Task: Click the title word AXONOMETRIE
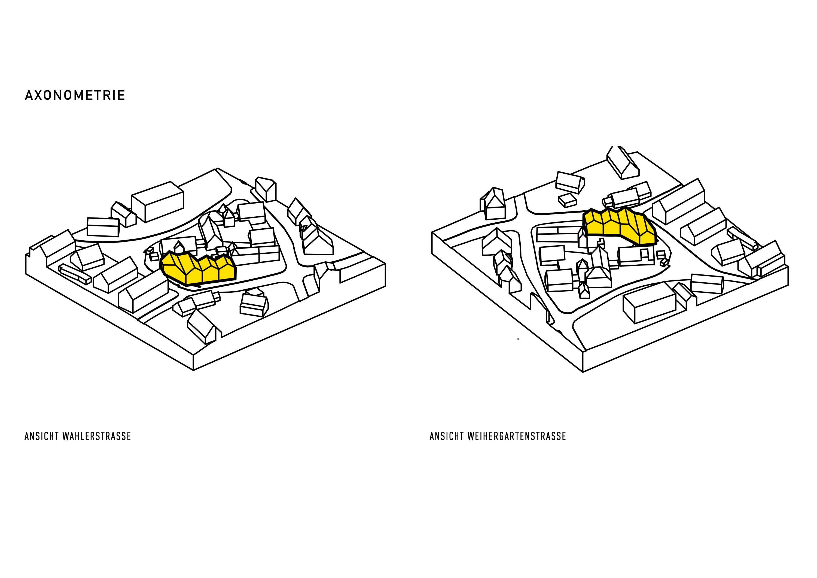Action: tap(75, 95)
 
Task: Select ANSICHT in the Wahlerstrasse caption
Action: tap(42, 436)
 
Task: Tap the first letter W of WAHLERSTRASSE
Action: tap(65, 436)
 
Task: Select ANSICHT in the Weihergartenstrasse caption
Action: tap(447, 436)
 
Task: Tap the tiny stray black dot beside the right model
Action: tap(518, 339)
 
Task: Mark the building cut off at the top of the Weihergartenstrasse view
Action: tap(623, 162)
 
